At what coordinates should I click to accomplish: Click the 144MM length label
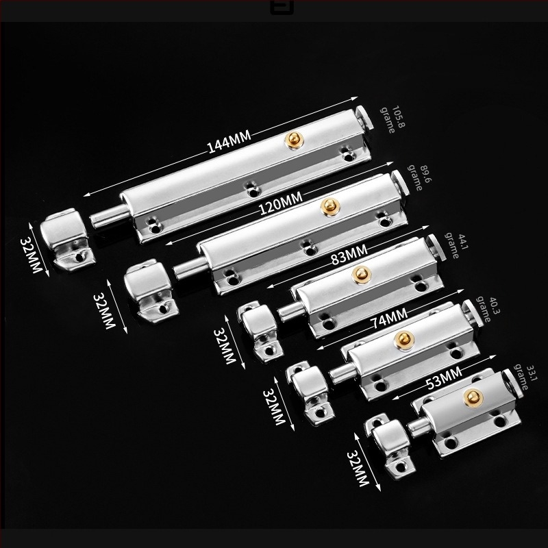tap(229, 142)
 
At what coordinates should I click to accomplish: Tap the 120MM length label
tap(280, 203)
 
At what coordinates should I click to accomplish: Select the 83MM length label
tap(349, 254)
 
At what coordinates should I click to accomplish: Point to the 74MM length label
tap(390, 319)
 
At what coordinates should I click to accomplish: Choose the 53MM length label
tap(444, 379)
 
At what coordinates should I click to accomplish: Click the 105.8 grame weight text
tap(393, 119)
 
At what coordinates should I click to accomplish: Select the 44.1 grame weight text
tap(456, 246)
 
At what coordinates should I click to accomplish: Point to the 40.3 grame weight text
tap(487, 310)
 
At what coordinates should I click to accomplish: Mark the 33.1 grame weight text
tap(525, 378)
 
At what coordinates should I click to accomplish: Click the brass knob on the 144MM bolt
tap(294, 140)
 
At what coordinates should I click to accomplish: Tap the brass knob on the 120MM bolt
tap(329, 207)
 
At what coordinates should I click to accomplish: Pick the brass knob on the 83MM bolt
tap(361, 275)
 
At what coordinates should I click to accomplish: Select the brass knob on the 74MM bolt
tap(404, 339)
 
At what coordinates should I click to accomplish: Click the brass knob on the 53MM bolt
tap(473, 397)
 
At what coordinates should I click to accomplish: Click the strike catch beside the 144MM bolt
tap(66, 239)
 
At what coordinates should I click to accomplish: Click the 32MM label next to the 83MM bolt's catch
tap(225, 346)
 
